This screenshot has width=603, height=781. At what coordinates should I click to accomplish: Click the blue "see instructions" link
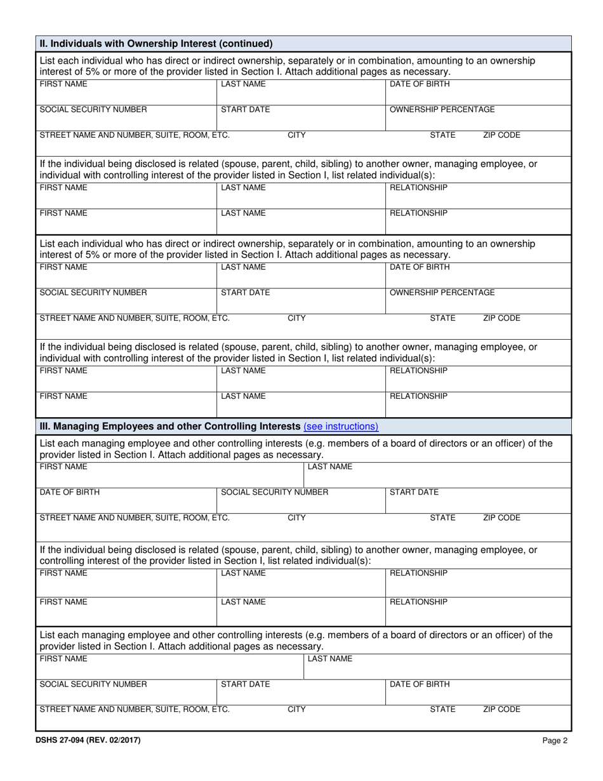pos(341,426)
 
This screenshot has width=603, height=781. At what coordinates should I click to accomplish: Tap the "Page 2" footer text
pos(555,740)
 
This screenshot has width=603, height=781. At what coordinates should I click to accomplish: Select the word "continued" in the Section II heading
pos(246,44)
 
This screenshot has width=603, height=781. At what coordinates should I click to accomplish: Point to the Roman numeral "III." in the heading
pos(46,426)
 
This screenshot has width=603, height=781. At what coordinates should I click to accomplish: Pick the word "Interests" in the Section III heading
pos(279,426)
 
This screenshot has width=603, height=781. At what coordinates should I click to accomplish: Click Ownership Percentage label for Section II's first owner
pos(442,109)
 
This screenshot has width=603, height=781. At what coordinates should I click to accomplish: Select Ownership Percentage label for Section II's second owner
pos(442,293)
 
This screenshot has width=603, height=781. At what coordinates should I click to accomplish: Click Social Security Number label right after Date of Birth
pos(274,492)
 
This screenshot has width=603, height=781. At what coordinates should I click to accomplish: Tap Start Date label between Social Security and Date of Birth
pos(245,684)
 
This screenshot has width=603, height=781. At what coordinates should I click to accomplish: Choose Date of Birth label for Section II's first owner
pos(420,84)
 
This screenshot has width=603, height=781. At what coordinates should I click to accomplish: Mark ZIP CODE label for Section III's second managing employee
pos(501,710)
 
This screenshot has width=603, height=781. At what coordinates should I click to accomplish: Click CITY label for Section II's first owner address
pos(296,135)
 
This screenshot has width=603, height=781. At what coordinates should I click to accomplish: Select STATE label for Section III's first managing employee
pos(442,517)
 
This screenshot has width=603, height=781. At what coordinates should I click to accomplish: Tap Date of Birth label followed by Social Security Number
pos(70,492)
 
